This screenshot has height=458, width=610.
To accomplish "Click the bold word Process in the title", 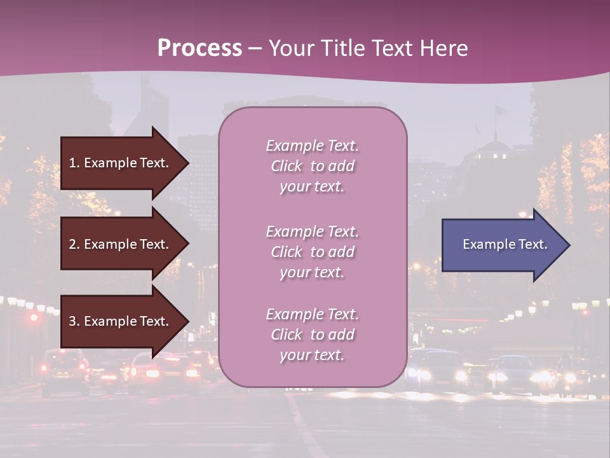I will (x=200, y=48).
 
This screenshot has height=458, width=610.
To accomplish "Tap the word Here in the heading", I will (x=443, y=48).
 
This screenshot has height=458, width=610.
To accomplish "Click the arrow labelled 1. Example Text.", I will (x=121, y=163).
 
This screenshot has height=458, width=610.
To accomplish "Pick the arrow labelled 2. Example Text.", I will (x=121, y=244).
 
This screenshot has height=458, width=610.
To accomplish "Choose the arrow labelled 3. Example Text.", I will (x=121, y=321).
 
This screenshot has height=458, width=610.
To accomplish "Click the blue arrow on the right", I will (x=502, y=244).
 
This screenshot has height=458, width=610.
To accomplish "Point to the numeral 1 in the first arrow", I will (x=72, y=163).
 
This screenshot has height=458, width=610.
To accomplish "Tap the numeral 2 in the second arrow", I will (x=72, y=244).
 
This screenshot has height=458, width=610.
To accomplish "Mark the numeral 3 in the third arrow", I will (x=72, y=321).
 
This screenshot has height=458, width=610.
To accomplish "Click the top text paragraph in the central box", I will (x=312, y=166).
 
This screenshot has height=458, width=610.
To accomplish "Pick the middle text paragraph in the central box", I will (x=312, y=252).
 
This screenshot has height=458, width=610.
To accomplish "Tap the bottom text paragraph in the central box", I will (x=312, y=335).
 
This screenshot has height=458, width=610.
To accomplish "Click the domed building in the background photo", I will (x=492, y=151).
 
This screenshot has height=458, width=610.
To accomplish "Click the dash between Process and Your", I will (x=255, y=49).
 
